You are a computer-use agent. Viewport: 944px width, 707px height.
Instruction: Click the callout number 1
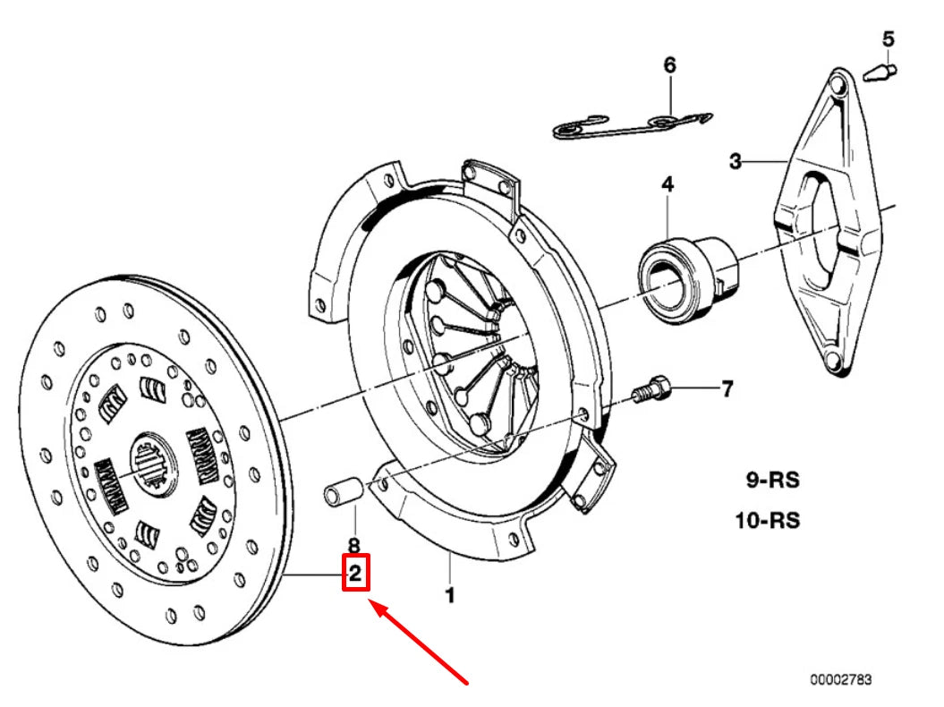449,594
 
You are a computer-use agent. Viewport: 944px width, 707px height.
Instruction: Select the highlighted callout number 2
355,574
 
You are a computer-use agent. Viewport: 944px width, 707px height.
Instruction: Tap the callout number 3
735,161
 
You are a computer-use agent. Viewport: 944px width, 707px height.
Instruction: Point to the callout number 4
668,184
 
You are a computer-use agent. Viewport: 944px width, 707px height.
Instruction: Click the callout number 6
669,64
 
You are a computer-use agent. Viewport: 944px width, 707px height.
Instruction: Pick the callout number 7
727,389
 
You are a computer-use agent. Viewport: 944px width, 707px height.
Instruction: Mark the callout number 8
353,544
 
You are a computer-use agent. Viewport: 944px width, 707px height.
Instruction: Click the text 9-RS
773,481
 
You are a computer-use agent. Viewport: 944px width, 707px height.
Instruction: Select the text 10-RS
768,520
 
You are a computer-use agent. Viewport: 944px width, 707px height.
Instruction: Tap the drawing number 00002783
840,680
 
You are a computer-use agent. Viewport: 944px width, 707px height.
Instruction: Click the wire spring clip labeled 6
632,124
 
